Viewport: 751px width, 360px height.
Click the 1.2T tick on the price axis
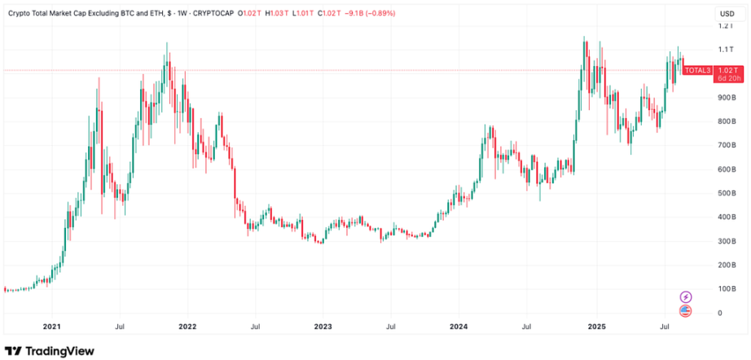(725, 26)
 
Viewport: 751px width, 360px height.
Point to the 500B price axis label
(725, 193)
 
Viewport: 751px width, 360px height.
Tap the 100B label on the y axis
(725, 289)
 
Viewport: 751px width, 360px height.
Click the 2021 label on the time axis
(52, 327)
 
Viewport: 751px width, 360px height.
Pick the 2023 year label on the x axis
(323, 327)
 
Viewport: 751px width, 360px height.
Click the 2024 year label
(459, 327)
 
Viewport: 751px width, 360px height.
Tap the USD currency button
(725, 14)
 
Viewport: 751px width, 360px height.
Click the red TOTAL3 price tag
(697, 71)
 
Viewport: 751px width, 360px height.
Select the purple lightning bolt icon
(686, 296)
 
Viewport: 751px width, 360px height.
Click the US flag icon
(686, 310)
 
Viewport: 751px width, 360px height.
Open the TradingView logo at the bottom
(50, 350)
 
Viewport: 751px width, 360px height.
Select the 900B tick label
(725, 98)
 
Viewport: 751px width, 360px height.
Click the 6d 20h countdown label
(727, 78)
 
